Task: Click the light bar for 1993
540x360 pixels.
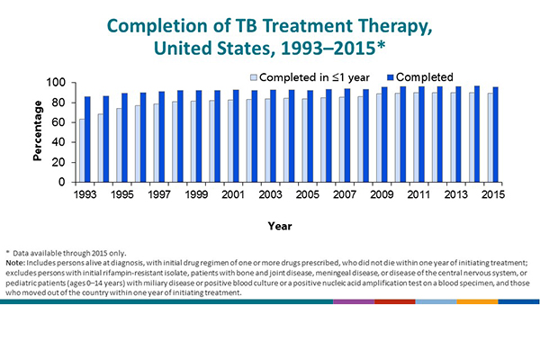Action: [x=82, y=150]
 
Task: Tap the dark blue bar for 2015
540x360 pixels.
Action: [x=496, y=135]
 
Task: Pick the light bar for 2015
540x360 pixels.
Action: [x=490, y=138]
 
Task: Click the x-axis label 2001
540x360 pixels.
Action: [x=234, y=194]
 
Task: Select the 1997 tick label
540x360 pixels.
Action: [x=159, y=194]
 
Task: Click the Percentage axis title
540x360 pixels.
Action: [x=39, y=133]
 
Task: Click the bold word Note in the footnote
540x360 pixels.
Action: [x=17, y=262]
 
